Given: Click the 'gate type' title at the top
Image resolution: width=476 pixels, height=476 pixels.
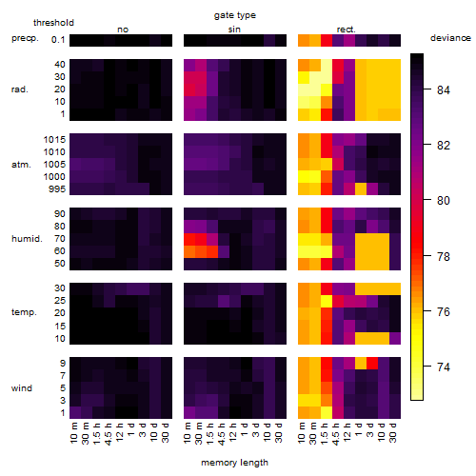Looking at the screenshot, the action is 235,15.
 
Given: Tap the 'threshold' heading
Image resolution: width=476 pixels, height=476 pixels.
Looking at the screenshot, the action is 53,23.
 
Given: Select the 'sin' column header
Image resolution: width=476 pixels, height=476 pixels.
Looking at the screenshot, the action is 234,30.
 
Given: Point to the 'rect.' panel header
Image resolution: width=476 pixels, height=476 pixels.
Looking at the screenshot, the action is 346,30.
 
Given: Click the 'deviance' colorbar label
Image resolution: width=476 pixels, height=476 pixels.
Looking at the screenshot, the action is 450,38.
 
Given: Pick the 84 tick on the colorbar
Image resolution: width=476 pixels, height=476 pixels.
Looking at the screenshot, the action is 444,90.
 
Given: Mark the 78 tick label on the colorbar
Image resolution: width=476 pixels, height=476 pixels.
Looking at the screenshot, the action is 444,256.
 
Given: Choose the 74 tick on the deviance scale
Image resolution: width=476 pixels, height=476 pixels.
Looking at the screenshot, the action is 444,367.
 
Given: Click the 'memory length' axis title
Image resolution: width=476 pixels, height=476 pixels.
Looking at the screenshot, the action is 234,463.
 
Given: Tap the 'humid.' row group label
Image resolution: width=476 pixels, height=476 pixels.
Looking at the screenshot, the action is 27,239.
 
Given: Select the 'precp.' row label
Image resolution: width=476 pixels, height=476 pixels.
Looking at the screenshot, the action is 25,38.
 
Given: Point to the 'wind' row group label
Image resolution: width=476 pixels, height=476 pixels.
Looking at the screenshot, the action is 22,388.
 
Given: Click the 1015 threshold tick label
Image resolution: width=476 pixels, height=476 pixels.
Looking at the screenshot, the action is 54,140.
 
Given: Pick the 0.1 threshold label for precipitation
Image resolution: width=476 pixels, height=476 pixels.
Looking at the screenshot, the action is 58,40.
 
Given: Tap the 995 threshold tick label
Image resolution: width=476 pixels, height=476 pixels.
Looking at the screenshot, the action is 57,189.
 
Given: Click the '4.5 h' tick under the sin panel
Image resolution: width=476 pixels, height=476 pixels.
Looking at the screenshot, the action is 222,433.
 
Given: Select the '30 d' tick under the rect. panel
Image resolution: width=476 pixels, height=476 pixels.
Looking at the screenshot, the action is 393,432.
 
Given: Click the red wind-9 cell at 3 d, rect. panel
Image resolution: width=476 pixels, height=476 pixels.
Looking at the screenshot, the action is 372,364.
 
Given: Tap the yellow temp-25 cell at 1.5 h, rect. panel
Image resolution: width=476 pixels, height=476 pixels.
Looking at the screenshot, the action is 327,302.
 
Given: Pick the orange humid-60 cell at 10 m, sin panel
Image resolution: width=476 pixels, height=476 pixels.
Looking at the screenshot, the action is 189,251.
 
